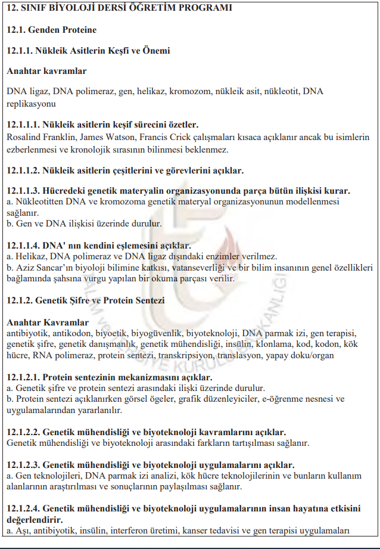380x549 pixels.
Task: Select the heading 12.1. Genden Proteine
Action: tap(52, 30)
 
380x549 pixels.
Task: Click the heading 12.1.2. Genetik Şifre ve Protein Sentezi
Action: tap(86, 300)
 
